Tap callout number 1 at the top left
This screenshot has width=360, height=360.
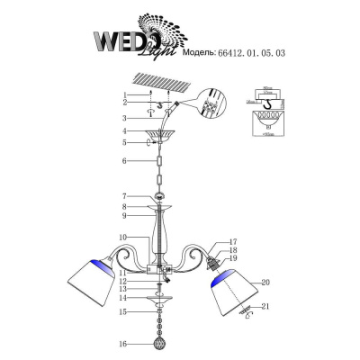click(127, 94)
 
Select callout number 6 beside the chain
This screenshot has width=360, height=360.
click(127, 161)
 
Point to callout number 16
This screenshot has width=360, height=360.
click(127, 343)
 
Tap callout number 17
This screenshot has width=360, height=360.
click(231, 241)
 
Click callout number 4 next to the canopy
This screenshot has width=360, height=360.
click(127, 132)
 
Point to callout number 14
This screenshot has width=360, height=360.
click(127, 298)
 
